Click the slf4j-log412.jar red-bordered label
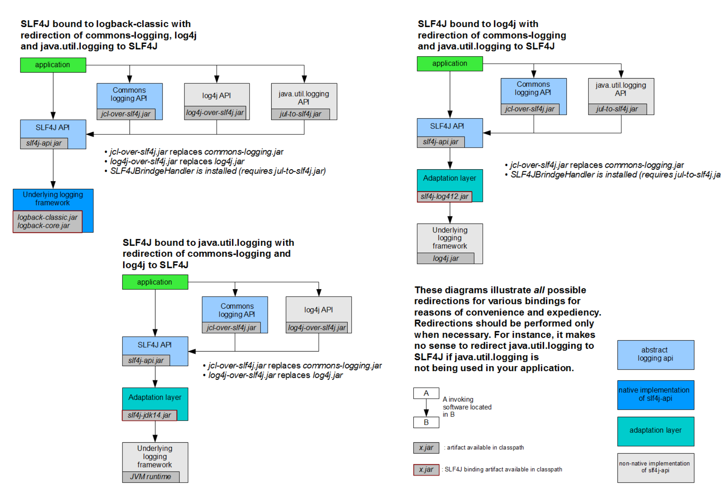[444, 196]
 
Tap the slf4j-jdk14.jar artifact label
[150, 415]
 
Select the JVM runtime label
[151, 476]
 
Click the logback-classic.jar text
[47, 217]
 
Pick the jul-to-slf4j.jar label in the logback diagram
[300, 114]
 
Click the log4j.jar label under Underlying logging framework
[445, 258]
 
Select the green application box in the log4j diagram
[450, 64]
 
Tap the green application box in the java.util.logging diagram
[155, 282]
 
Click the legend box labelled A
[426, 393]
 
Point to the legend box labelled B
[426, 422]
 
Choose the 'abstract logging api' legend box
[655, 355]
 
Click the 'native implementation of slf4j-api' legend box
[655, 395]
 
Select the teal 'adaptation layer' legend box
[655, 431]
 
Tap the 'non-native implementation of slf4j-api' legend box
[655, 468]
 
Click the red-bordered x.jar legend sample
[426, 469]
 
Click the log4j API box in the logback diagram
[217, 95]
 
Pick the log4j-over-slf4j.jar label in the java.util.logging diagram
[317, 328]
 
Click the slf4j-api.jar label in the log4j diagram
[441, 142]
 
